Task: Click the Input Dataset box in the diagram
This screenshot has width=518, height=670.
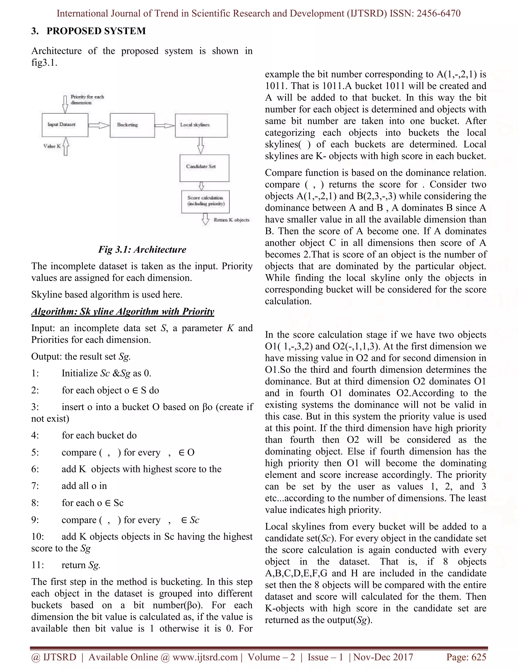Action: point(65,125)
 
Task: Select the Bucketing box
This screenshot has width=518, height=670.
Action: point(132,125)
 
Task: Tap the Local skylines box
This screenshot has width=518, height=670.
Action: point(201,125)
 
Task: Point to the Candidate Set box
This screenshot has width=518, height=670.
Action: point(204,168)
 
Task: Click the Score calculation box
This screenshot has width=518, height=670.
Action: point(205,202)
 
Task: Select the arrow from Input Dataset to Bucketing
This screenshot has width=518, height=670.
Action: point(99,125)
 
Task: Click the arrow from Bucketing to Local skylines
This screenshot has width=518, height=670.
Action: point(165,125)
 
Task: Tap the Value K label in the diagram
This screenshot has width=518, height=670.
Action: point(52,146)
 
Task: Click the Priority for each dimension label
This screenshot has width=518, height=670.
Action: point(87,100)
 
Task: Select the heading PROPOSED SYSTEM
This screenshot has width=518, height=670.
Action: point(96,31)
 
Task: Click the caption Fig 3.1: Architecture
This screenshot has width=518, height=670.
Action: point(142,249)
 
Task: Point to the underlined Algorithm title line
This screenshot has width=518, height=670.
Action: point(123,311)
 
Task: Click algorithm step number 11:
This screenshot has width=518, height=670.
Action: point(38,565)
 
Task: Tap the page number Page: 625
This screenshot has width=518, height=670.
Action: point(466,657)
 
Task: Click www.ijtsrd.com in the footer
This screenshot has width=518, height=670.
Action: point(205,657)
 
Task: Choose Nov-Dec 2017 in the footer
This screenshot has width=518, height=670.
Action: point(383,657)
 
